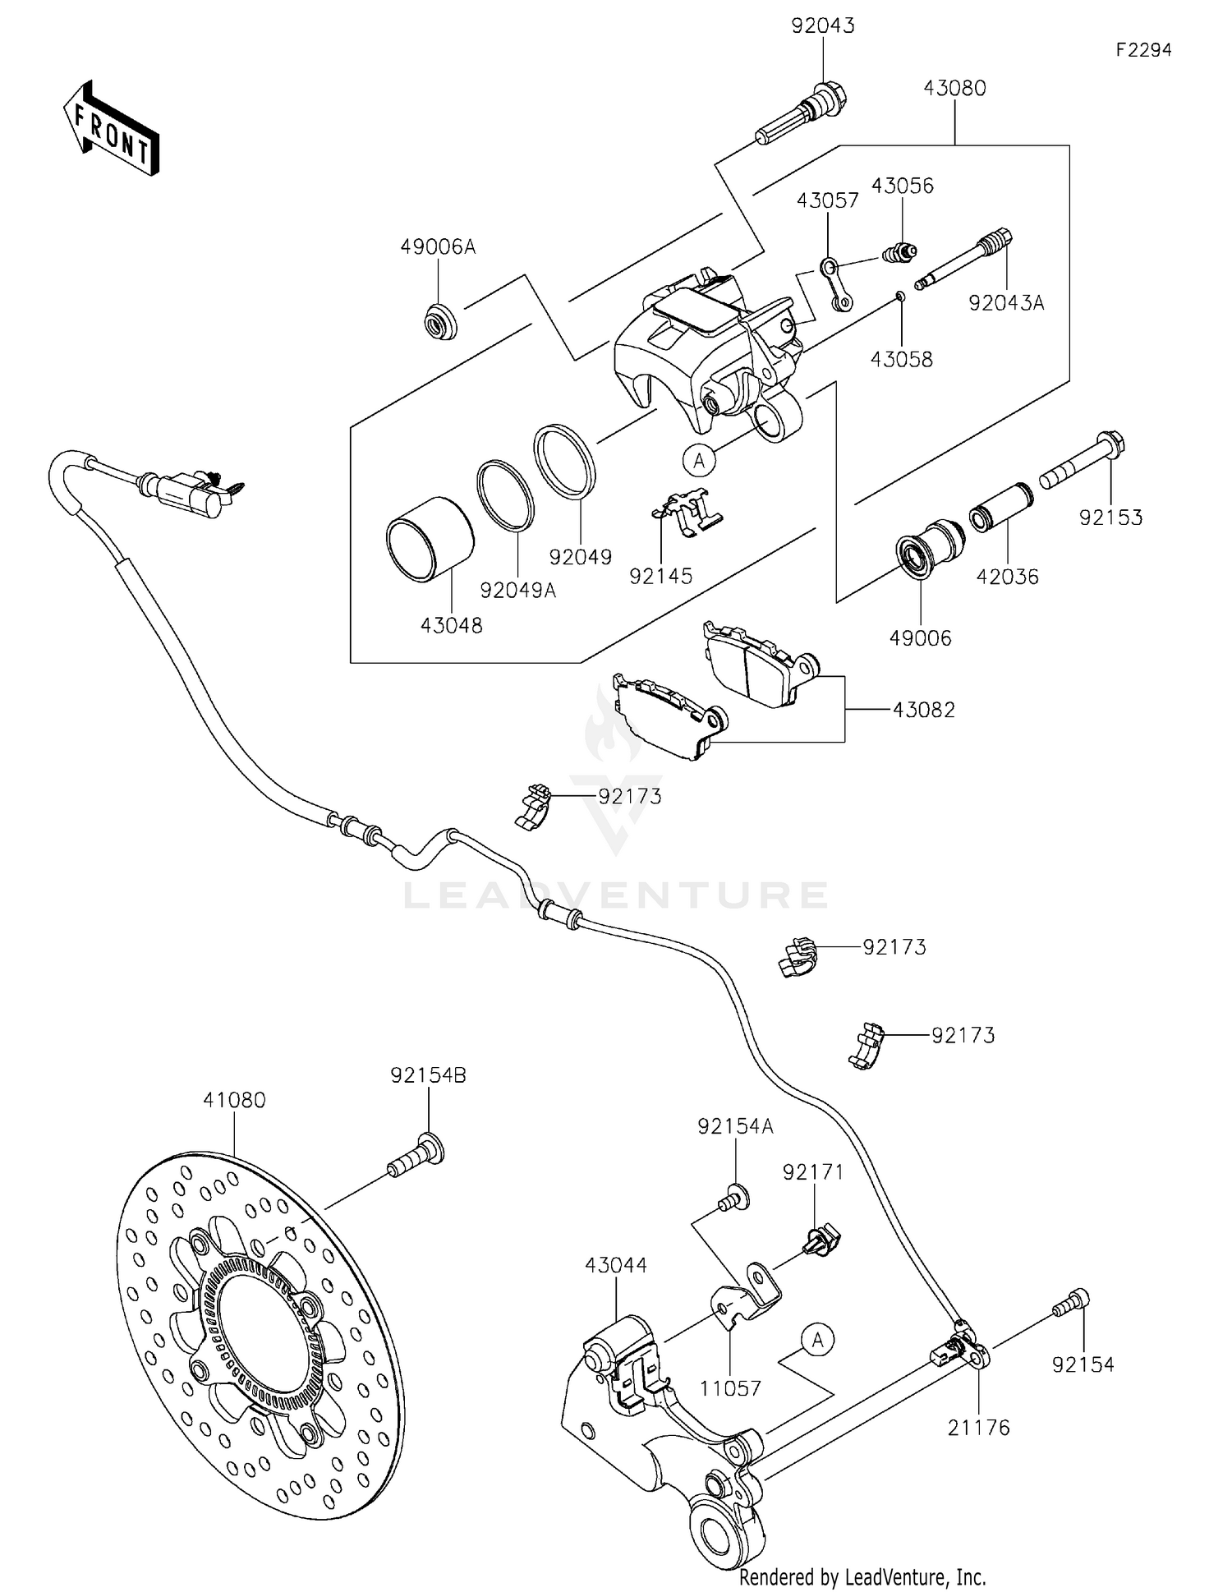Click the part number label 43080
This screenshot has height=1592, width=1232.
(954, 88)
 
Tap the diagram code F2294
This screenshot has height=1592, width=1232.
(1143, 50)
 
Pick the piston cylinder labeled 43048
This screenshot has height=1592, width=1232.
(430, 541)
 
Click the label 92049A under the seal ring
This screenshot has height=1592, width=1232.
(517, 590)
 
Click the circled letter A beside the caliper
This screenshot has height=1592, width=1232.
(699, 461)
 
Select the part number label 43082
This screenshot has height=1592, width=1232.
(924, 710)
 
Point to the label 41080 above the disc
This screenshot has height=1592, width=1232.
(235, 1100)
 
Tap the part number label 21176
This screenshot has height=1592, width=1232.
(978, 1428)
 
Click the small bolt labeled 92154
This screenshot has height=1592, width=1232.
(1073, 1304)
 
